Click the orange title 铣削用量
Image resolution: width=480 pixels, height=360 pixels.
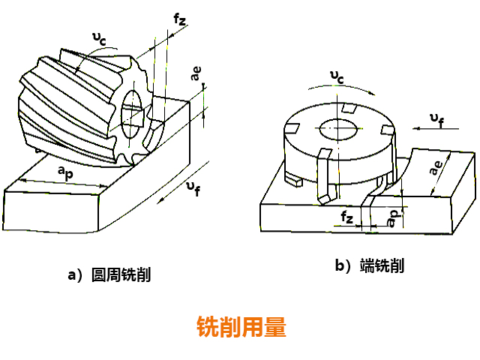[x=241, y=327]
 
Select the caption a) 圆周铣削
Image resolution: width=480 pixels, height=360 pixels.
[x=109, y=274]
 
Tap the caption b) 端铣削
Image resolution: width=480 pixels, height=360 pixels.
[x=370, y=265]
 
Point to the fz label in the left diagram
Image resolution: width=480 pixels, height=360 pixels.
[x=179, y=20]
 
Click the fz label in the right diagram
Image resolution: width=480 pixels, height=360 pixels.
[x=346, y=217]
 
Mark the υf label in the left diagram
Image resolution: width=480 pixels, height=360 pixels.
[x=193, y=189]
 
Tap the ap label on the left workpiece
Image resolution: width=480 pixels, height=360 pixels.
[x=66, y=172]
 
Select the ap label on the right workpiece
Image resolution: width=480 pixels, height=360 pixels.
[x=392, y=217]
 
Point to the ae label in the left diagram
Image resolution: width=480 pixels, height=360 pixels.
[x=196, y=74]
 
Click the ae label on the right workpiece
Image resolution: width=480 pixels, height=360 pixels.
[x=434, y=169]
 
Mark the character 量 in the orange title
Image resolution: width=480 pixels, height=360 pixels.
[x=274, y=327]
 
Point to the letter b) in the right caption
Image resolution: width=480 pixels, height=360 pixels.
[x=343, y=265]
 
